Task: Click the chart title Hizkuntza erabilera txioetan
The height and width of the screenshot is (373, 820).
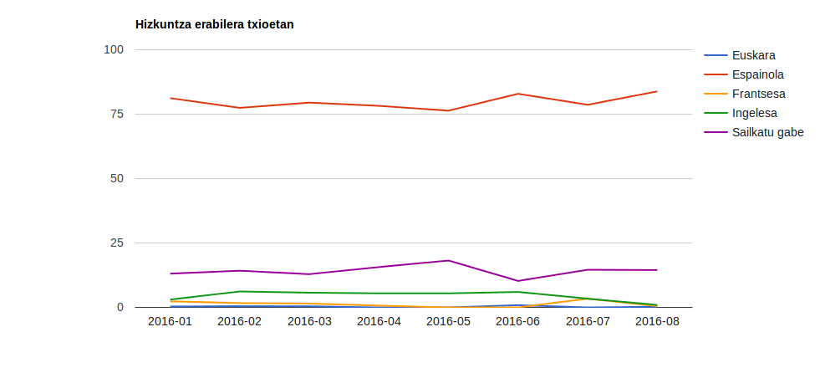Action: click(214, 24)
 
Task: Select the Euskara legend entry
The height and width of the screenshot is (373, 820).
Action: click(753, 56)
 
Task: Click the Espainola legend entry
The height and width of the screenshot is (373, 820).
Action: click(757, 74)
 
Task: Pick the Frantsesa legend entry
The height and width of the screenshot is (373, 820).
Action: click(758, 94)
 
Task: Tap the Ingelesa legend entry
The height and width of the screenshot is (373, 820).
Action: click(754, 113)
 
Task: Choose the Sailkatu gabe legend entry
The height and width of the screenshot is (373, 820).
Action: click(767, 132)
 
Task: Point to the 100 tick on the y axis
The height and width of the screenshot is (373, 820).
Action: click(113, 49)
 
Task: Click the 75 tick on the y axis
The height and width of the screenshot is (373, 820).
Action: click(116, 114)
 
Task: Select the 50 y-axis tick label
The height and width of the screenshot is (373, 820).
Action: click(116, 178)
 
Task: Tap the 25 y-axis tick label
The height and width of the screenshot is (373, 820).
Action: click(116, 243)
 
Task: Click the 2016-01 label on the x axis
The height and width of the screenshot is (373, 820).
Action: click(170, 321)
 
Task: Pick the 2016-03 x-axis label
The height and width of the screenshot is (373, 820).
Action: click(309, 321)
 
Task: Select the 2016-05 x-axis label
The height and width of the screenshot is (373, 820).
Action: click(448, 321)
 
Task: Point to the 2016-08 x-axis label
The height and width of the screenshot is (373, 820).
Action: click(657, 321)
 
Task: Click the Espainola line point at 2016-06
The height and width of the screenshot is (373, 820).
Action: click(518, 94)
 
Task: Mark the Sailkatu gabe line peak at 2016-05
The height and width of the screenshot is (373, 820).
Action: click(449, 260)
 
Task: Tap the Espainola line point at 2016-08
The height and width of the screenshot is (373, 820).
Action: click(657, 91)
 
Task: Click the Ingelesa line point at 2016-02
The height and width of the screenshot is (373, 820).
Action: click(240, 291)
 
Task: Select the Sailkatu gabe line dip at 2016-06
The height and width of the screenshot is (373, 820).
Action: click(518, 281)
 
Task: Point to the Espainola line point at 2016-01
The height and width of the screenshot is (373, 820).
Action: click(171, 98)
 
